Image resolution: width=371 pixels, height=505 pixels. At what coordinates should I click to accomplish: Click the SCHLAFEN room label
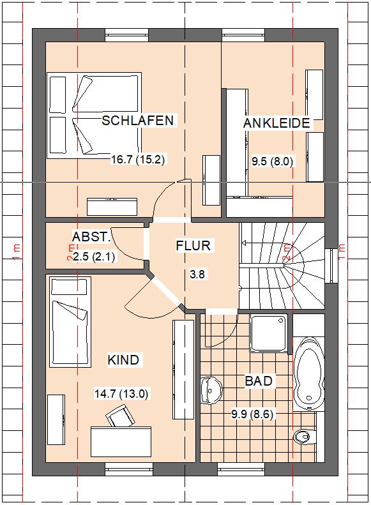click(138, 121)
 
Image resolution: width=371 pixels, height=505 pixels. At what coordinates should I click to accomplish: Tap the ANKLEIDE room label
click(276, 123)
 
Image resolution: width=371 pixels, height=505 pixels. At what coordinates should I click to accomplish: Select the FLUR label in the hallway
click(193, 246)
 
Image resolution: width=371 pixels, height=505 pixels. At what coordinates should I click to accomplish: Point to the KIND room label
click(123, 359)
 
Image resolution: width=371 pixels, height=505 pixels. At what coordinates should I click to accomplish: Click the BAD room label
click(259, 381)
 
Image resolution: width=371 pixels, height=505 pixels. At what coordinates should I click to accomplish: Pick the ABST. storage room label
click(91, 237)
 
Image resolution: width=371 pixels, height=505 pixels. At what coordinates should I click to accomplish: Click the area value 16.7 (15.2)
click(138, 160)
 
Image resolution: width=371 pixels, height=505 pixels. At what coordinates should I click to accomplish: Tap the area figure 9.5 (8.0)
click(273, 162)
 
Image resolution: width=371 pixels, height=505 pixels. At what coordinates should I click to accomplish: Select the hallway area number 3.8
click(197, 275)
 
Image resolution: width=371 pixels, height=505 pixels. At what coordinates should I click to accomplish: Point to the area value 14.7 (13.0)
click(121, 393)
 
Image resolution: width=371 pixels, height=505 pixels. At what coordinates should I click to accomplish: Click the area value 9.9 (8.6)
click(252, 414)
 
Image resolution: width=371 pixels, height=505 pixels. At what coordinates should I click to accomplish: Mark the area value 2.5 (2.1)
click(94, 257)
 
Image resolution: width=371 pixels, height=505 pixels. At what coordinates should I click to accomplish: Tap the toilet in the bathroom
click(305, 437)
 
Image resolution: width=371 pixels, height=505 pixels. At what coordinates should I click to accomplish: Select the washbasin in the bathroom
click(211, 390)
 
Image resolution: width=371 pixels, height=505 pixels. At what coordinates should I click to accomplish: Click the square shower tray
click(269, 334)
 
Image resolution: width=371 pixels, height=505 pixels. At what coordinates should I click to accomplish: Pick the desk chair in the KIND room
click(121, 416)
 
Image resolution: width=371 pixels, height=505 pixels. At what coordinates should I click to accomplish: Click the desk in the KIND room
click(121, 442)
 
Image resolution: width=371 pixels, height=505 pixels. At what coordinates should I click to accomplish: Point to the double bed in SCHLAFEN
click(95, 116)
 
